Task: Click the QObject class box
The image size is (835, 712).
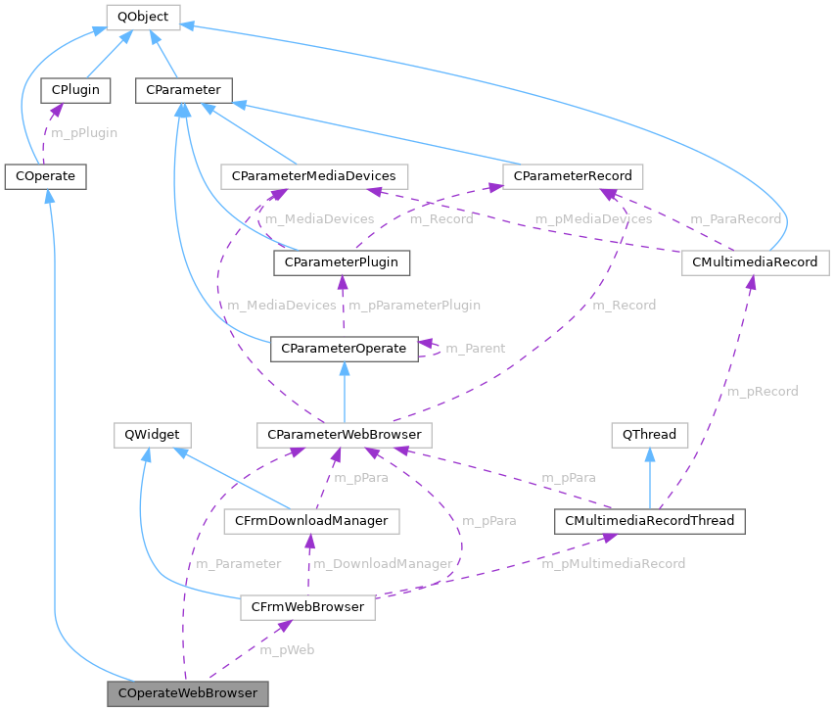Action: tap(142, 17)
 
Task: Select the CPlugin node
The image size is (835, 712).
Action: tap(74, 91)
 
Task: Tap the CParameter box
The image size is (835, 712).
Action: tap(183, 91)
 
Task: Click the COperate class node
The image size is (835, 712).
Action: tap(46, 176)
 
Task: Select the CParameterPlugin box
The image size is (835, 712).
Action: tap(342, 262)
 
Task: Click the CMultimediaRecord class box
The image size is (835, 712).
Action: tap(755, 262)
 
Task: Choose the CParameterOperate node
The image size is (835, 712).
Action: tap(344, 348)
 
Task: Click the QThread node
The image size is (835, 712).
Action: tap(649, 434)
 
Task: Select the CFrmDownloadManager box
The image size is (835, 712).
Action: tap(311, 520)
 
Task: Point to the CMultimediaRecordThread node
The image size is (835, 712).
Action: tap(649, 520)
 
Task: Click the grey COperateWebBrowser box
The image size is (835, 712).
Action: tap(188, 693)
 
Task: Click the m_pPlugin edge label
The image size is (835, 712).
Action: tap(84, 132)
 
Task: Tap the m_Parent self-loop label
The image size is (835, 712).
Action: tap(476, 349)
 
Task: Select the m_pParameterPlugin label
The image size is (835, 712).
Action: tap(415, 306)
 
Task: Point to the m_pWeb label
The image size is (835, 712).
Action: tap(287, 650)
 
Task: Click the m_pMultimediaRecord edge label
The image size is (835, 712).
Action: tap(614, 564)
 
